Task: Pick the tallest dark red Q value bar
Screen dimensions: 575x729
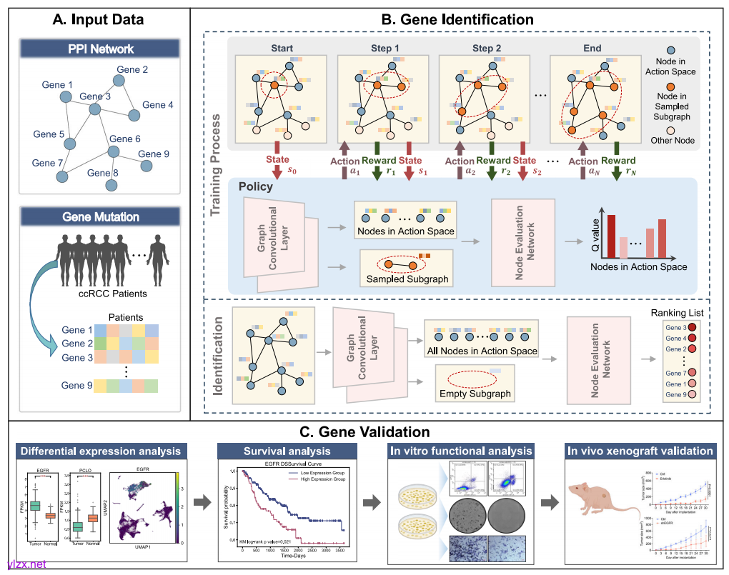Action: [x=612, y=236]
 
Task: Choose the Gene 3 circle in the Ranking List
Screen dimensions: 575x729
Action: [x=692, y=326]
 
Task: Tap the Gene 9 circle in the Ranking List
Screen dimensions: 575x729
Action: [x=692, y=394]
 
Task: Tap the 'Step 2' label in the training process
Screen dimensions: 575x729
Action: [x=487, y=49]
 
